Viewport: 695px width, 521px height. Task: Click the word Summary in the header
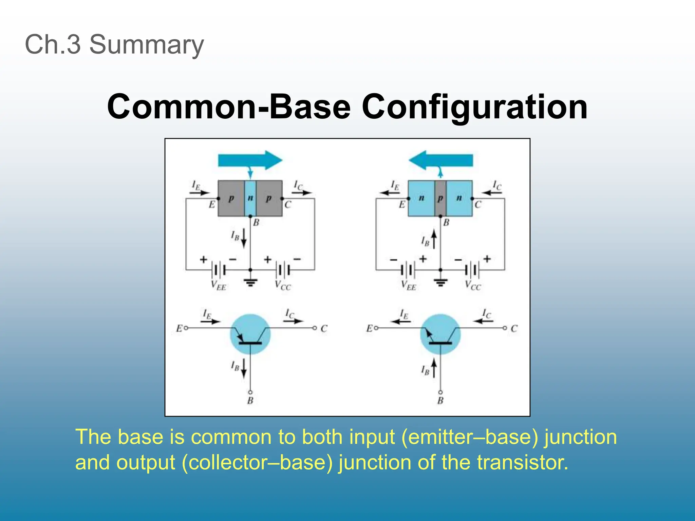pos(146,44)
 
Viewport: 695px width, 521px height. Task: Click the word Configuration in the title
pos(474,107)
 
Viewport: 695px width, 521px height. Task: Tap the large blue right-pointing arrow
pos(250,160)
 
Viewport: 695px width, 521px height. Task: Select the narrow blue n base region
pos(250,198)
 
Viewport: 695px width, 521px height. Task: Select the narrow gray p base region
pos(440,198)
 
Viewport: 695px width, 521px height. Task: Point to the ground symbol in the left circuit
pos(250,282)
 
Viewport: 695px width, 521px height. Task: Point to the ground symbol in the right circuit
pos(440,282)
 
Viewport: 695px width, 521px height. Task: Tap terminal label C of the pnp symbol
pos(324,328)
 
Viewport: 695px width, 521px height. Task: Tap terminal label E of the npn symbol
pos(369,328)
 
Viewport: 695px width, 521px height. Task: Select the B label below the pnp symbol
pos(250,401)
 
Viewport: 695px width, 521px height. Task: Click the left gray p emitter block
pos(231,198)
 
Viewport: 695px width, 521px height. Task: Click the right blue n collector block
pos(459,198)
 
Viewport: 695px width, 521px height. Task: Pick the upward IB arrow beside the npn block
pos(434,239)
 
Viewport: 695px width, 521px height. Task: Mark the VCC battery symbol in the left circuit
pos(283,270)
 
